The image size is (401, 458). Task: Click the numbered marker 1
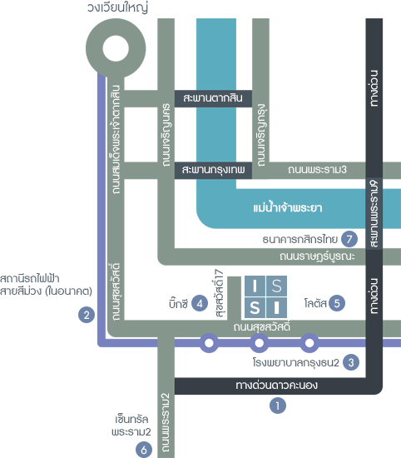[x=278, y=406]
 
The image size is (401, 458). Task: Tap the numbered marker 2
[x=87, y=315]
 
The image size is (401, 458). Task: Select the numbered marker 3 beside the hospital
[x=351, y=362]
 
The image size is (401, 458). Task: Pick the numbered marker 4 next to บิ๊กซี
[x=200, y=303]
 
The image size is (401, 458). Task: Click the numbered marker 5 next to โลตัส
[x=337, y=303]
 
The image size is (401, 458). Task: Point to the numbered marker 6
[x=144, y=450]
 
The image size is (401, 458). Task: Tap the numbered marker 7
[x=349, y=239]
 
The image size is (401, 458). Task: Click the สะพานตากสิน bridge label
[x=213, y=98]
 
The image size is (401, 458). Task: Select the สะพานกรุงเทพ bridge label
[x=213, y=170]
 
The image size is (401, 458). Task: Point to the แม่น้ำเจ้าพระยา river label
[x=288, y=207]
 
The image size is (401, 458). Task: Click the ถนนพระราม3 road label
[x=317, y=169]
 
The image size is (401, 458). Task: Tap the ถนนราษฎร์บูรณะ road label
[x=317, y=256]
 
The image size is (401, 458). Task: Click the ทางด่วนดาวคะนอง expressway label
[x=277, y=386]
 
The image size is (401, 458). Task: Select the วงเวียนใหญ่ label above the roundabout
[x=117, y=7]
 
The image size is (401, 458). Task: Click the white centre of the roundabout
[x=116, y=48]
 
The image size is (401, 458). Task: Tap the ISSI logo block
[x=265, y=296]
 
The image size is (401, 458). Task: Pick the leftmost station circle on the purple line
[x=209, y=343]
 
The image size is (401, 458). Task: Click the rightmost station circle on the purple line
[x=309, y=343]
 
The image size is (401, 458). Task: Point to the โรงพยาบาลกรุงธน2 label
[x=296, y=363]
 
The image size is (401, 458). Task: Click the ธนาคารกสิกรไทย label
[x=300, y=239]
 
